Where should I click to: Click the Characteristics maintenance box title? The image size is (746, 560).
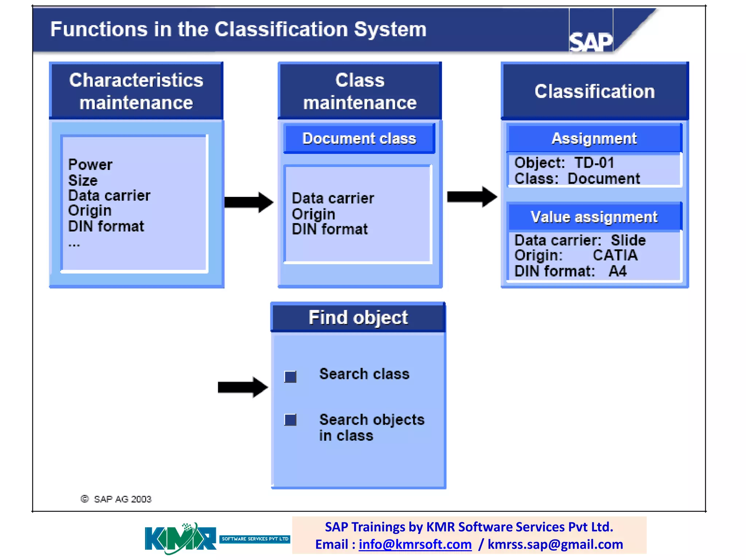point(136,91)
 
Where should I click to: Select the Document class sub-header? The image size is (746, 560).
point(359,139)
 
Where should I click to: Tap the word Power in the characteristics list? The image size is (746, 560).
point(90,165)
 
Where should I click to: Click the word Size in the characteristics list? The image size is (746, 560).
point(83,180)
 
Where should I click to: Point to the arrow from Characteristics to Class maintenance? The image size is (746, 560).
point(248,202)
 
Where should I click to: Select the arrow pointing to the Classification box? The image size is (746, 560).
point(471,197)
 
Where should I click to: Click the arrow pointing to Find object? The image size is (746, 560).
point(243,387)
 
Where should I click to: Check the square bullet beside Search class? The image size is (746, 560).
point(290,377)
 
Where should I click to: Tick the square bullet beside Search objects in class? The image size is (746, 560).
point(290,420)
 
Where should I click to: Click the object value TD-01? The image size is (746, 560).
point(594,163)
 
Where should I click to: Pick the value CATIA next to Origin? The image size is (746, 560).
point(615,255)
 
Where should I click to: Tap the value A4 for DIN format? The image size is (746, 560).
point(617,271)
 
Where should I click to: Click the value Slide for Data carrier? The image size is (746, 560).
point(628,240)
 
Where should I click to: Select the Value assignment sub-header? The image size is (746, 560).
point(594,217)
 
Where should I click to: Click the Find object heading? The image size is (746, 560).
point(358,318)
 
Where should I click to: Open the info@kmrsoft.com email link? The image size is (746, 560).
point(415,544)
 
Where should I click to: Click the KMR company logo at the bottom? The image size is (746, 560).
point(181,538)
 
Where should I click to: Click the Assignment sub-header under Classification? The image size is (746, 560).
point(594,139)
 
